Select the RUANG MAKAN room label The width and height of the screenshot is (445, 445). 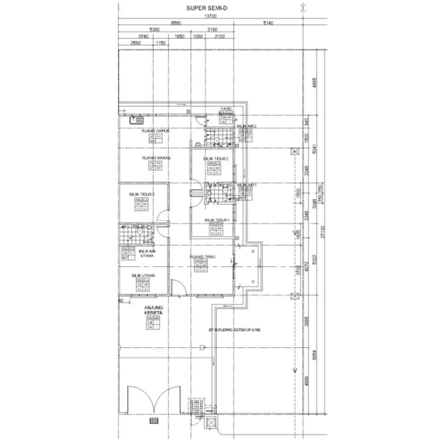(x=155, y=159)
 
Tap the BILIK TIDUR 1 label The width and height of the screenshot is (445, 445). (x=217, y=220)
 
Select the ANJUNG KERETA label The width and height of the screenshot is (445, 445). (x=153, y=310)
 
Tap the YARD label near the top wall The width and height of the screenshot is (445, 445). (x=227, y=107)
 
